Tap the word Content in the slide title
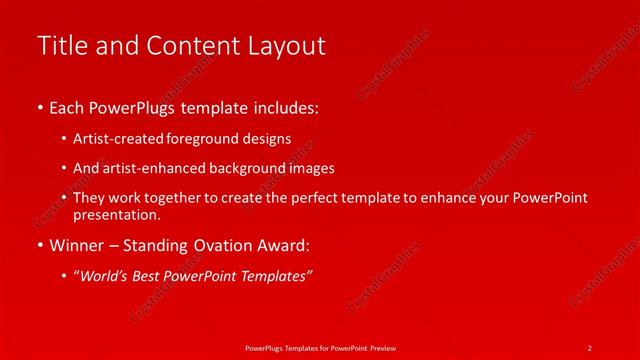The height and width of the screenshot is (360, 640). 189,46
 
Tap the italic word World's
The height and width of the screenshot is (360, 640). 105,276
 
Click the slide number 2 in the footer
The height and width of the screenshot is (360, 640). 590,347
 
